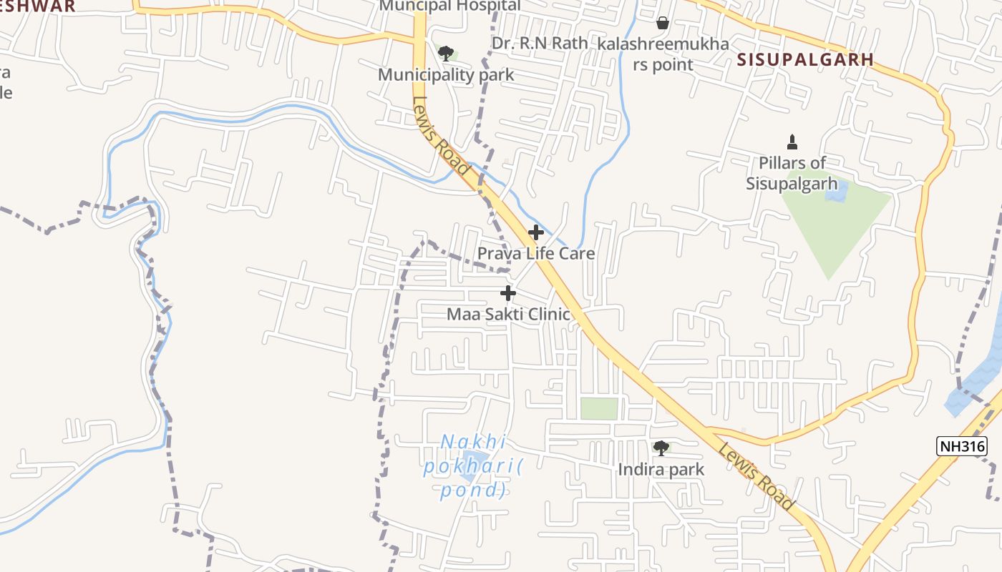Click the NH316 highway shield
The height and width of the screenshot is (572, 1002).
962,447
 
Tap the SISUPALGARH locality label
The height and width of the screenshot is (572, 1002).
805,59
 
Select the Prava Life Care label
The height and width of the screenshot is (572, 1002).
535,253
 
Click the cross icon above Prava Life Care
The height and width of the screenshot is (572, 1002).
535,232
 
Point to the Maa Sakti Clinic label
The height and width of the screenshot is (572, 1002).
508,314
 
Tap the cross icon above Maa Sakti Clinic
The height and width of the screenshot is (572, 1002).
508,293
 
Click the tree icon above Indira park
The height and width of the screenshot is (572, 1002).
661,448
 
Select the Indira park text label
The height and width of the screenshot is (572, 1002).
661,470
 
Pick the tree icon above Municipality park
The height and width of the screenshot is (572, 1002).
446,53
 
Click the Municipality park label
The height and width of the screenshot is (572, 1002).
446,74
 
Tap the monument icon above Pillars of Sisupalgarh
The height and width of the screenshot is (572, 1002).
792,142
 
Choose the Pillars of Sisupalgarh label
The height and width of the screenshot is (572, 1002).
792,173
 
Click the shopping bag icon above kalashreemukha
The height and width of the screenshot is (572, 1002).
663,23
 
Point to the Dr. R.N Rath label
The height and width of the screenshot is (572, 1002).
540,43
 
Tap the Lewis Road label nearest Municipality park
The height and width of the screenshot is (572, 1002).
441,137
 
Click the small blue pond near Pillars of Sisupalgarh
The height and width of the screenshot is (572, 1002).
836,191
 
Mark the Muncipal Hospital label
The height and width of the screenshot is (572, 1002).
449,6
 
